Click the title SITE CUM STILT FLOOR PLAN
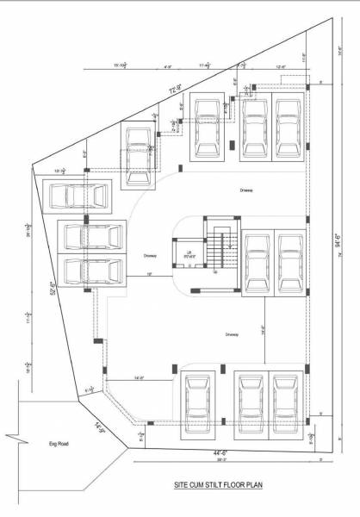[x=218, y=485]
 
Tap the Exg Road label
[x=58, y=444]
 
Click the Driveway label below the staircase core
[x=231, y=334]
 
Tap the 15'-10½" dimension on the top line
[x=121, y=65]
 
